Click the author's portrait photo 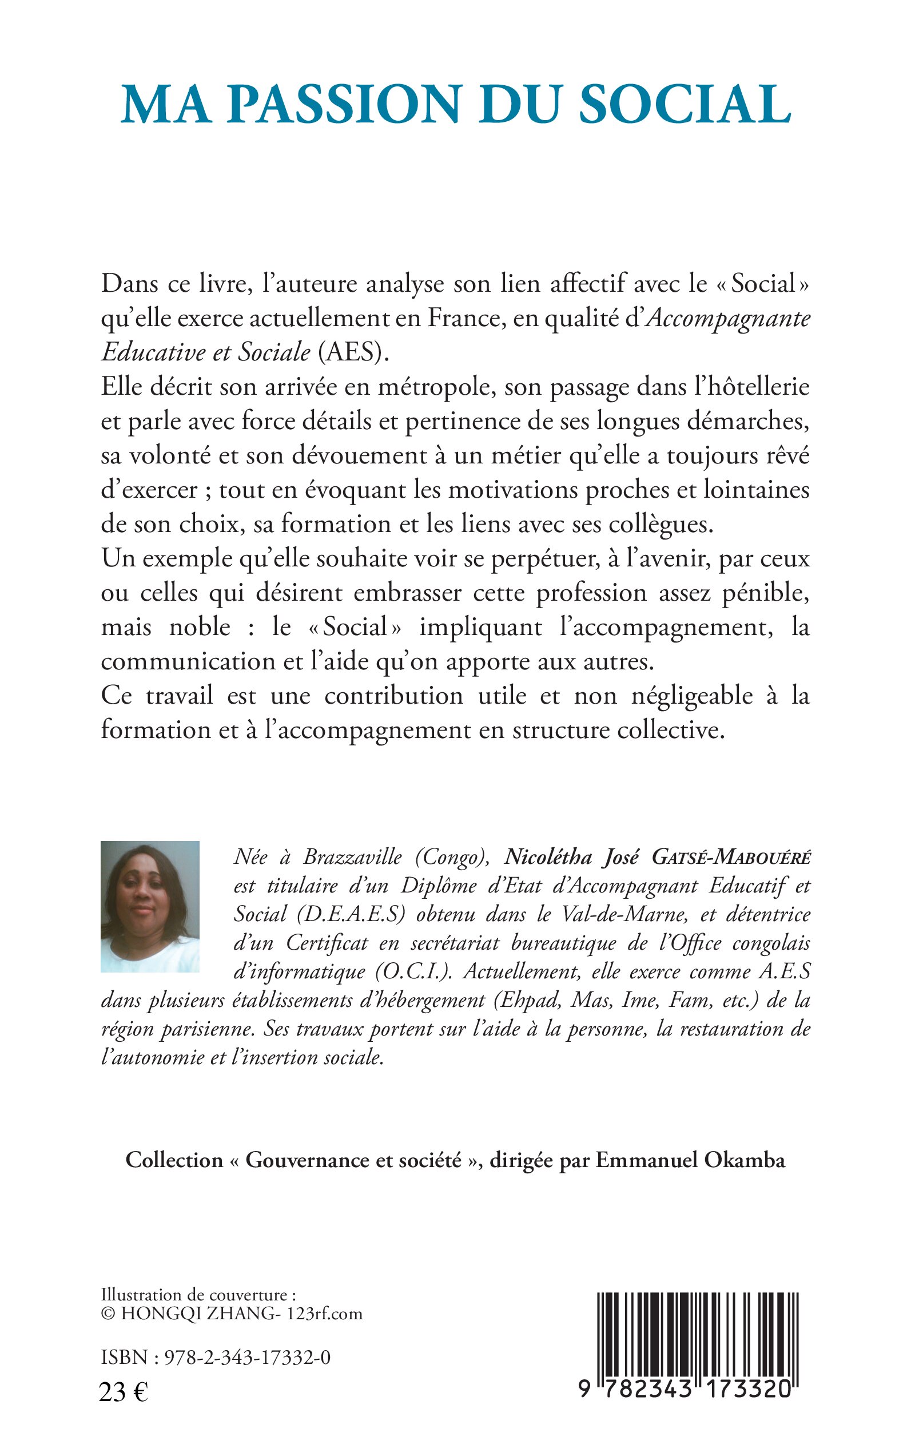149,906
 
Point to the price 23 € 124,1393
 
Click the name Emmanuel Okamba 690,1160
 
